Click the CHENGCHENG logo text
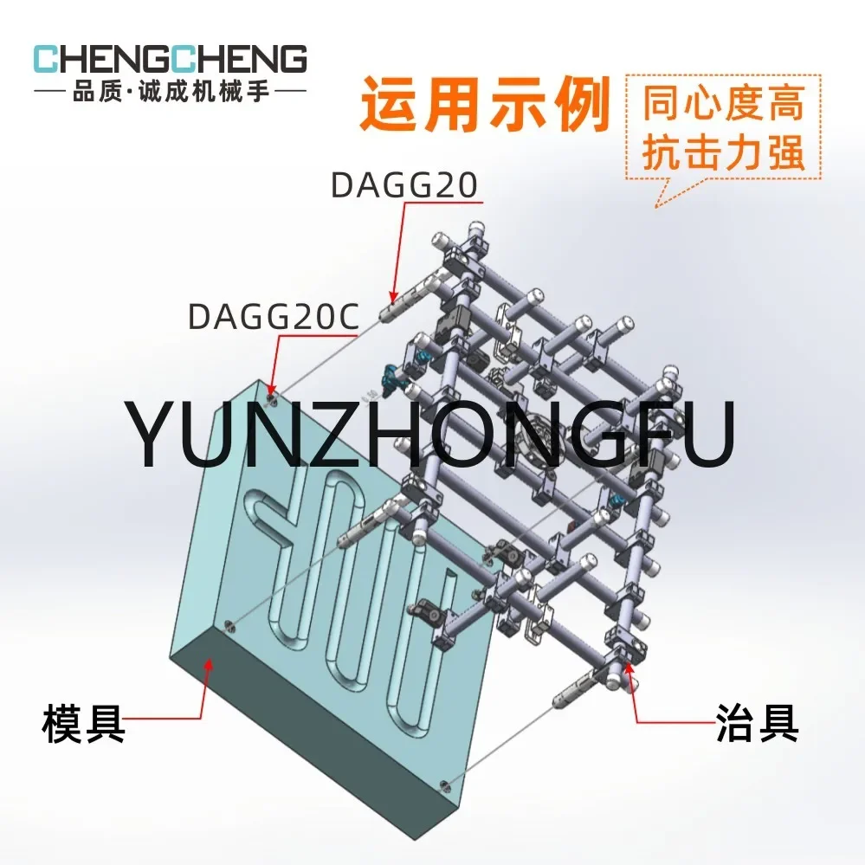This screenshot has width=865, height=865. click(170, 59)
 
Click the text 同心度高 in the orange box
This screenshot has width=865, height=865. click(723, 103)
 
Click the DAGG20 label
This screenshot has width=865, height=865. click(404, 186)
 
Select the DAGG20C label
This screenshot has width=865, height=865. click(274, 317)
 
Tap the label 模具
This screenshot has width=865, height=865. click(83, 724)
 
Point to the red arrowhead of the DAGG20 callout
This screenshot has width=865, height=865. click(391, 297)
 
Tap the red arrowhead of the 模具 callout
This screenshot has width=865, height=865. click(207, 662)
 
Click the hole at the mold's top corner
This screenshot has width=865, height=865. click(274, 400)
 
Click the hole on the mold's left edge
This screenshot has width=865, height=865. click(230, 624)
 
